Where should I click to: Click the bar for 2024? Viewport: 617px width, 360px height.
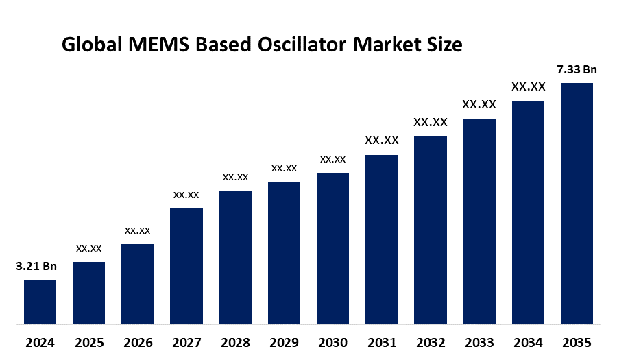coord(40,301)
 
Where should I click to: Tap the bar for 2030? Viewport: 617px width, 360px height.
coord(332,248)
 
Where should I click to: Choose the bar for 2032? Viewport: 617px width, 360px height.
coord(430,230)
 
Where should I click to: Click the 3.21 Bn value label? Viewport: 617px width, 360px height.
coord(36,266)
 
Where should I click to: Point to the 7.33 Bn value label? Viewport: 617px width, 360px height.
coord(577,69)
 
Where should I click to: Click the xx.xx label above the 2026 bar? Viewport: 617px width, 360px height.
coord(137,230)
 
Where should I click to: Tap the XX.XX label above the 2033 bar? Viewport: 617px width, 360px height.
coord(479,105)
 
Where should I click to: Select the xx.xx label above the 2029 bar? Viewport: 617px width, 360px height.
coord(284,168)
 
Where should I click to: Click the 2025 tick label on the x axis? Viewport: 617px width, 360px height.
coord(88,342)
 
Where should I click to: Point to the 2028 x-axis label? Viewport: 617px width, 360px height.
coord(235,342)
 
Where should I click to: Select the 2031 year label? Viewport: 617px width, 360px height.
coord(381,342)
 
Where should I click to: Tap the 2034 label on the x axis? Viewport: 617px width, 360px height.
coord(528,342)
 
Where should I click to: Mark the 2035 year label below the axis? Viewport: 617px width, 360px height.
coord(577,342)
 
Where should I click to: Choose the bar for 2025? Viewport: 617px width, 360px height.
coord(88,292)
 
